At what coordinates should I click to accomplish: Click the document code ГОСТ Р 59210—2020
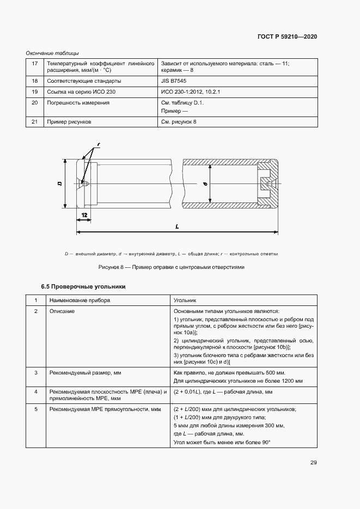[x=286, y=36]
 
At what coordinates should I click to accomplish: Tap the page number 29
[x=313, y=463]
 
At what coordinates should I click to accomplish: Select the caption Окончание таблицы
[x=52, y=53]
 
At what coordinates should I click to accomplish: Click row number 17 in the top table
[x=35, y=64]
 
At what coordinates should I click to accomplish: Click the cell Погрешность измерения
[x=78, y=102]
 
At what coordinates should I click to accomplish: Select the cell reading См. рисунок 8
[x=179, y=122]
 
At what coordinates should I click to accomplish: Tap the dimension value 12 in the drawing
[x=84, y=216]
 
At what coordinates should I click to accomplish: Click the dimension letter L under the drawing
[x=178, y=226]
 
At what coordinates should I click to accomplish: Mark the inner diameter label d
[x=205, y=184]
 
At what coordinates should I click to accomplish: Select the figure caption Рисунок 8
[x=171, y=267]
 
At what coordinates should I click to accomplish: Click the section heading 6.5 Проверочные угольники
[x=83, y=286]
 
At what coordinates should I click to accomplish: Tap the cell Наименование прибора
[x=80, y=300]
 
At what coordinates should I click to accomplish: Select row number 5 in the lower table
[x=36, y=408]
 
